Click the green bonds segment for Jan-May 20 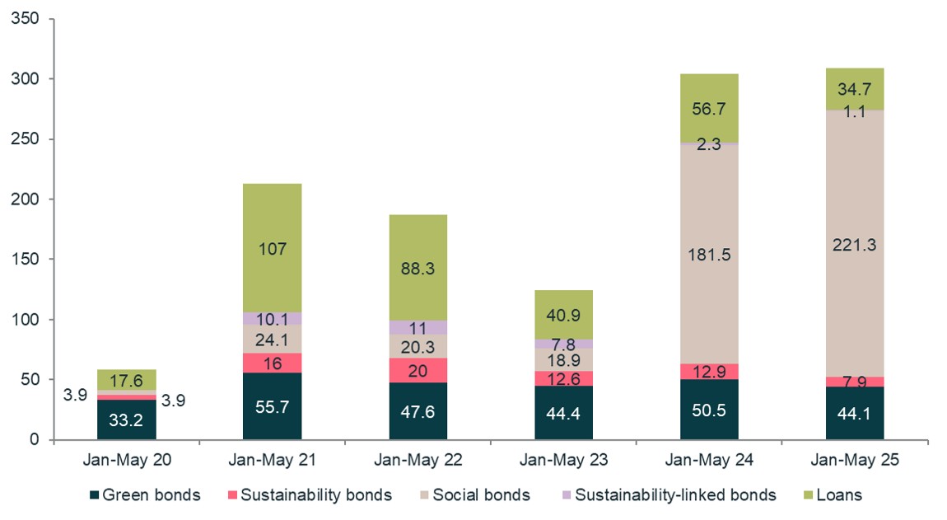pyautogui.click(x=126, y=419)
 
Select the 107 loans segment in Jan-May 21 pyautogui.click(x=272, y=248)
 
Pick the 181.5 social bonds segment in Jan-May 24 pyautogui.click(x=709, y=255)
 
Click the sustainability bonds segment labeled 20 pyautogui.click(x=418, y=370)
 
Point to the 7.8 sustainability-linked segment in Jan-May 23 pyautogui.click(x=563, y=344)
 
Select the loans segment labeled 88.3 pyautogui.click(x=418, y=268)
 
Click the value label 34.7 pyautogui.click(x=855, y=89)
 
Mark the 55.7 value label pyautogui.click(x=272, y=406)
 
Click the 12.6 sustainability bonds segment pyautogui.click(x=563, y=378)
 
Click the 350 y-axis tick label pyautogui.click(x=31, y=19)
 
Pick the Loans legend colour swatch pyautogui.click(x=807, y=495)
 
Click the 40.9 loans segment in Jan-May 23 pyautogui.click(x=563, y=314)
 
